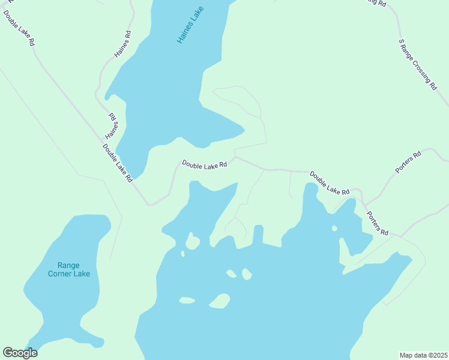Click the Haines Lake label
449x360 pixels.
point(191,25)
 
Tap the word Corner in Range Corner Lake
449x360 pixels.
point(78,274)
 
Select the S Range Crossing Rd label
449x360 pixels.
point(418,65)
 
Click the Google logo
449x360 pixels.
point(20,353)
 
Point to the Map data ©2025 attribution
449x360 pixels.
point(423,355)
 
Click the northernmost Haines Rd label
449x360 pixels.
point(122,45)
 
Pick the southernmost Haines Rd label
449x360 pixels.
point(112,125)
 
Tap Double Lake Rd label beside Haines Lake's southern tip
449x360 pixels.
point(118,163)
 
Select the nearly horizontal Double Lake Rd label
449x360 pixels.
point(205,164)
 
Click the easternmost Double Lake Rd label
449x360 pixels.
point(330,183)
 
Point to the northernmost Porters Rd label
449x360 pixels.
point(409,162)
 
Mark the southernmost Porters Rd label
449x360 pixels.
point(378,223)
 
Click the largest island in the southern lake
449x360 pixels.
point(220,300)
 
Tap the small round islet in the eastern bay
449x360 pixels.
point(334,228)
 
